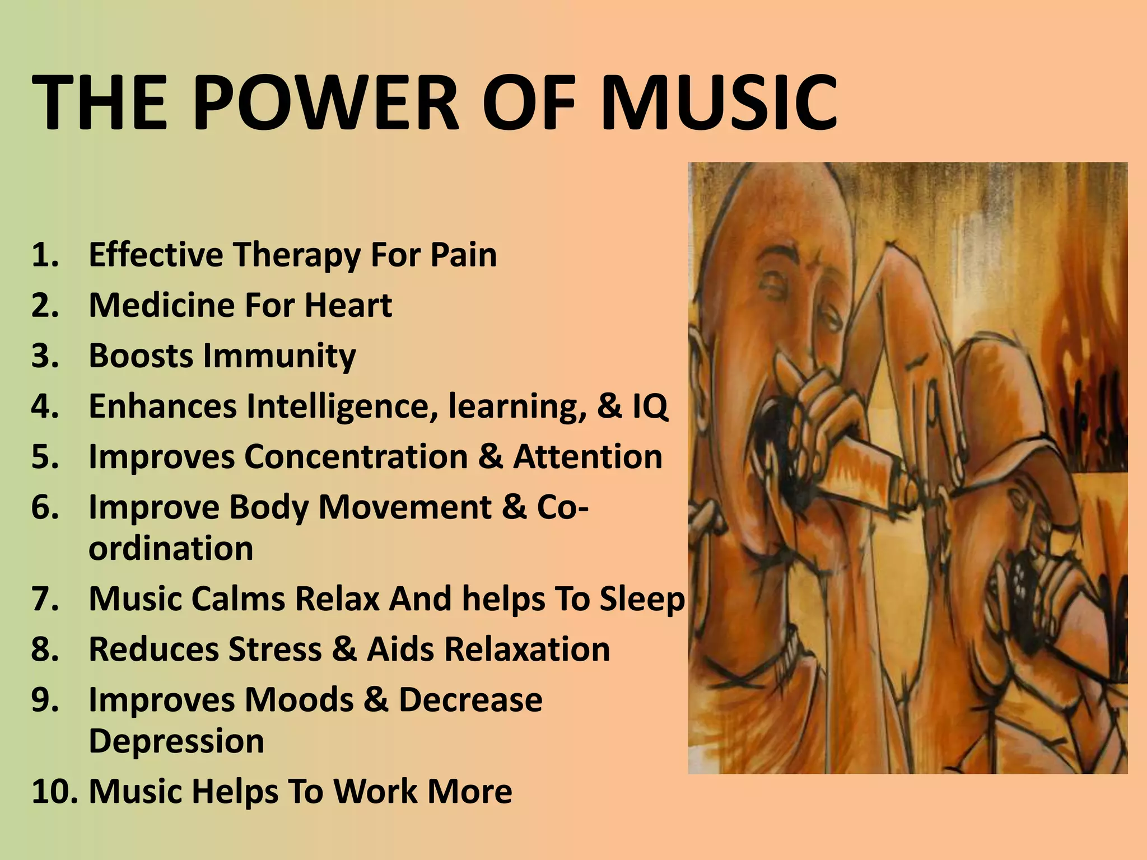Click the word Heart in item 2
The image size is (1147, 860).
[x=348, y=306]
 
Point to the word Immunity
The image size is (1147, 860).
[x=279, y=356]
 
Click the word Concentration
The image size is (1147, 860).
[x=356, y=456]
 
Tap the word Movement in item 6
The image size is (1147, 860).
[x=405, y=507]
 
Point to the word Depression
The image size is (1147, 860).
[x=176, y=741]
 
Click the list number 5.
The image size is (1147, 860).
[x=45, y=456]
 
